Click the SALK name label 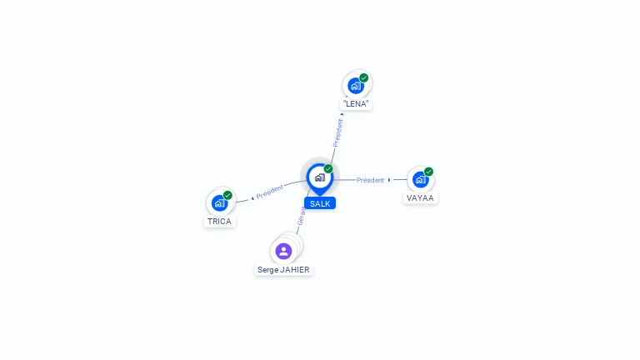pyautogui.click(x=320, y=203)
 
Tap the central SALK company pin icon pyautogui.click(x=319, y=177)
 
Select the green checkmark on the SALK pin pyautogui.click(x=328, y=168)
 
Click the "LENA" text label pyautogui.click(x=357, y=104)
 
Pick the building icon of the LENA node pyautogui.click(x=356, y=86)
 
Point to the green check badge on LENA pyautogui.click(x=364, y=77)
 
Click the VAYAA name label pyautogui.click(x=421, y=197)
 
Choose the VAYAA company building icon pyautogui.click(x=420, y=179)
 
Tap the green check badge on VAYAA pyautogui.click(x=429, y=172)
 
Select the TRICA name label pyautogui.click(x=219, y=222)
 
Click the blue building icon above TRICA pyautogui.click(x=219, y=202)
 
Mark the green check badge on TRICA pyautogui.click(x=227, y=195)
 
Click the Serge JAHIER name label pyautogui.click(x=283, y=269)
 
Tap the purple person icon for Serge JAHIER pyautogui.click(x=283, y=251)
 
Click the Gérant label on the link pyautogui.click(x=302, y=217)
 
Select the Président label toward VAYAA pyautogui.click(x=370, y=180)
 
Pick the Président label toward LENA pyautogui.click(x=338, y=132)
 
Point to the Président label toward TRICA pyautogui.click(x=270, y=192)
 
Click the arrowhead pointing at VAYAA pyautogui.click(x=389, y=180)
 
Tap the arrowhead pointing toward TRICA pyautogui.click(x=252, y=198)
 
